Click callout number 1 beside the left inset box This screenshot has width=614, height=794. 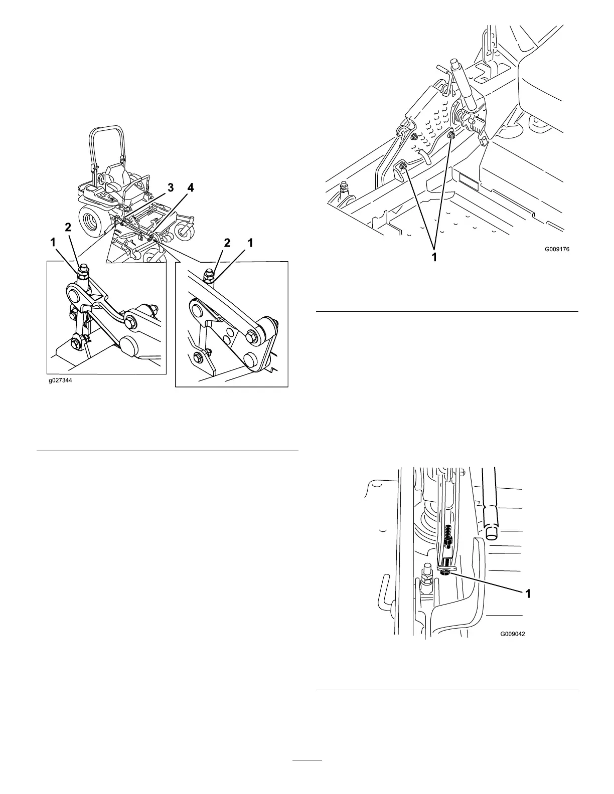coord(53,242)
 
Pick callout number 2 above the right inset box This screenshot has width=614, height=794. coord(227,243)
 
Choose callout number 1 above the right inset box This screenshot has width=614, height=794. coord(250,243)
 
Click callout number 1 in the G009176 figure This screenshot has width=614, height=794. coord(435,257)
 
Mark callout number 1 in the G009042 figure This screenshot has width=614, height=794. coord(528,593)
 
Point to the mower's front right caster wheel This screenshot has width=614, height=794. coord(185,230)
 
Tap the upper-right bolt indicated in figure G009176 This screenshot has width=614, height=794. coord(451,135)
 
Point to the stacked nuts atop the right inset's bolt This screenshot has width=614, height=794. coord(207,274)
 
